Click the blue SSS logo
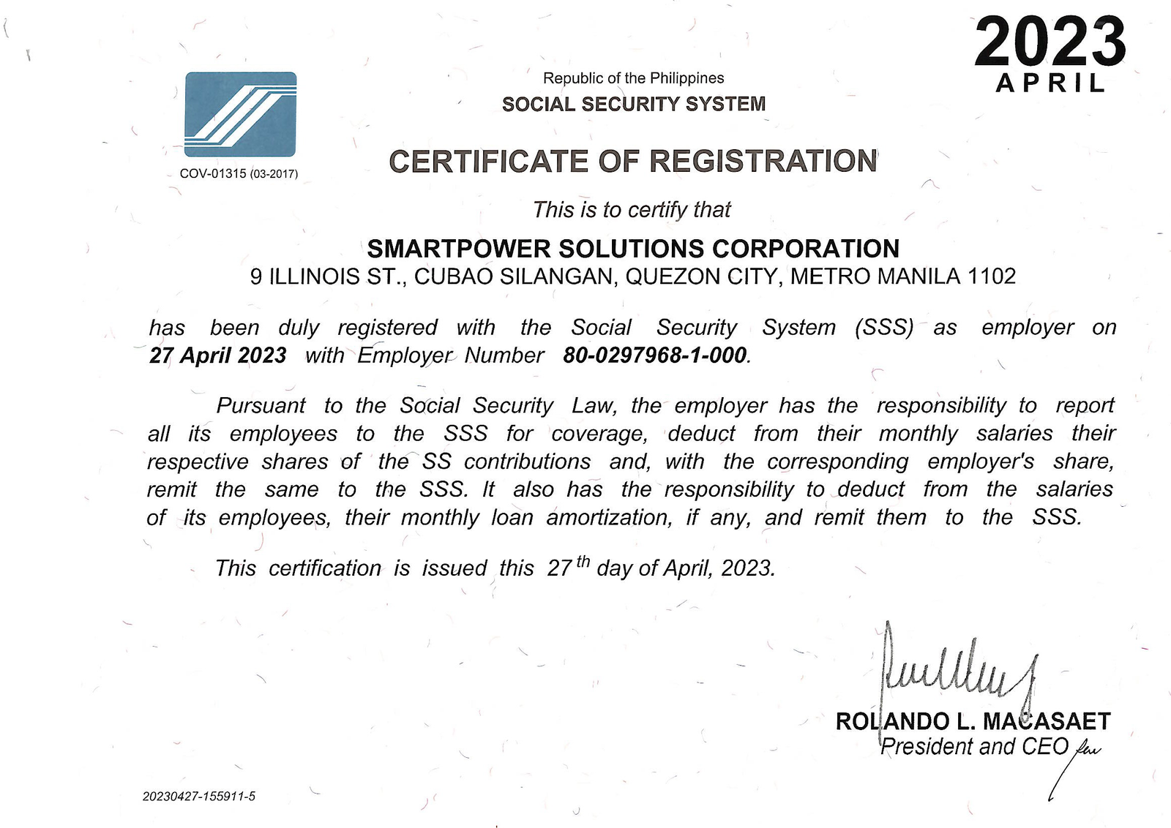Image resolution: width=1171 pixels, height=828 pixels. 240,114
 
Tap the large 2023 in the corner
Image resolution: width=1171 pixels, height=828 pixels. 1050,42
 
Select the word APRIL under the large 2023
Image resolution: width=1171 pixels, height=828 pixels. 1050,83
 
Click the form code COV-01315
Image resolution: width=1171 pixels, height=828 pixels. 213,174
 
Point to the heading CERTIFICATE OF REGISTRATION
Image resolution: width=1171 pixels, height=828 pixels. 633,161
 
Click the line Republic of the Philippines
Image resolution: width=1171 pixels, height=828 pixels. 633,78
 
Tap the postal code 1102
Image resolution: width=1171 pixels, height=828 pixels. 992,276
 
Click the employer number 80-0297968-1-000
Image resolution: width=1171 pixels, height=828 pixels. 655,355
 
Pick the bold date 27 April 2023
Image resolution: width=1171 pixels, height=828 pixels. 217,355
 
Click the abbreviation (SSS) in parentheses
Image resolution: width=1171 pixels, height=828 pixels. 884,327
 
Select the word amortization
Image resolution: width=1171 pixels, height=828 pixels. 608,518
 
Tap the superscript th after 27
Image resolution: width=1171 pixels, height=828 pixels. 583,562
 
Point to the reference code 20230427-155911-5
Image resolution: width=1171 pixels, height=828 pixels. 199,797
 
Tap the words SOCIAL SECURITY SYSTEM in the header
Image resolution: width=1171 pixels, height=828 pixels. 633,104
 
